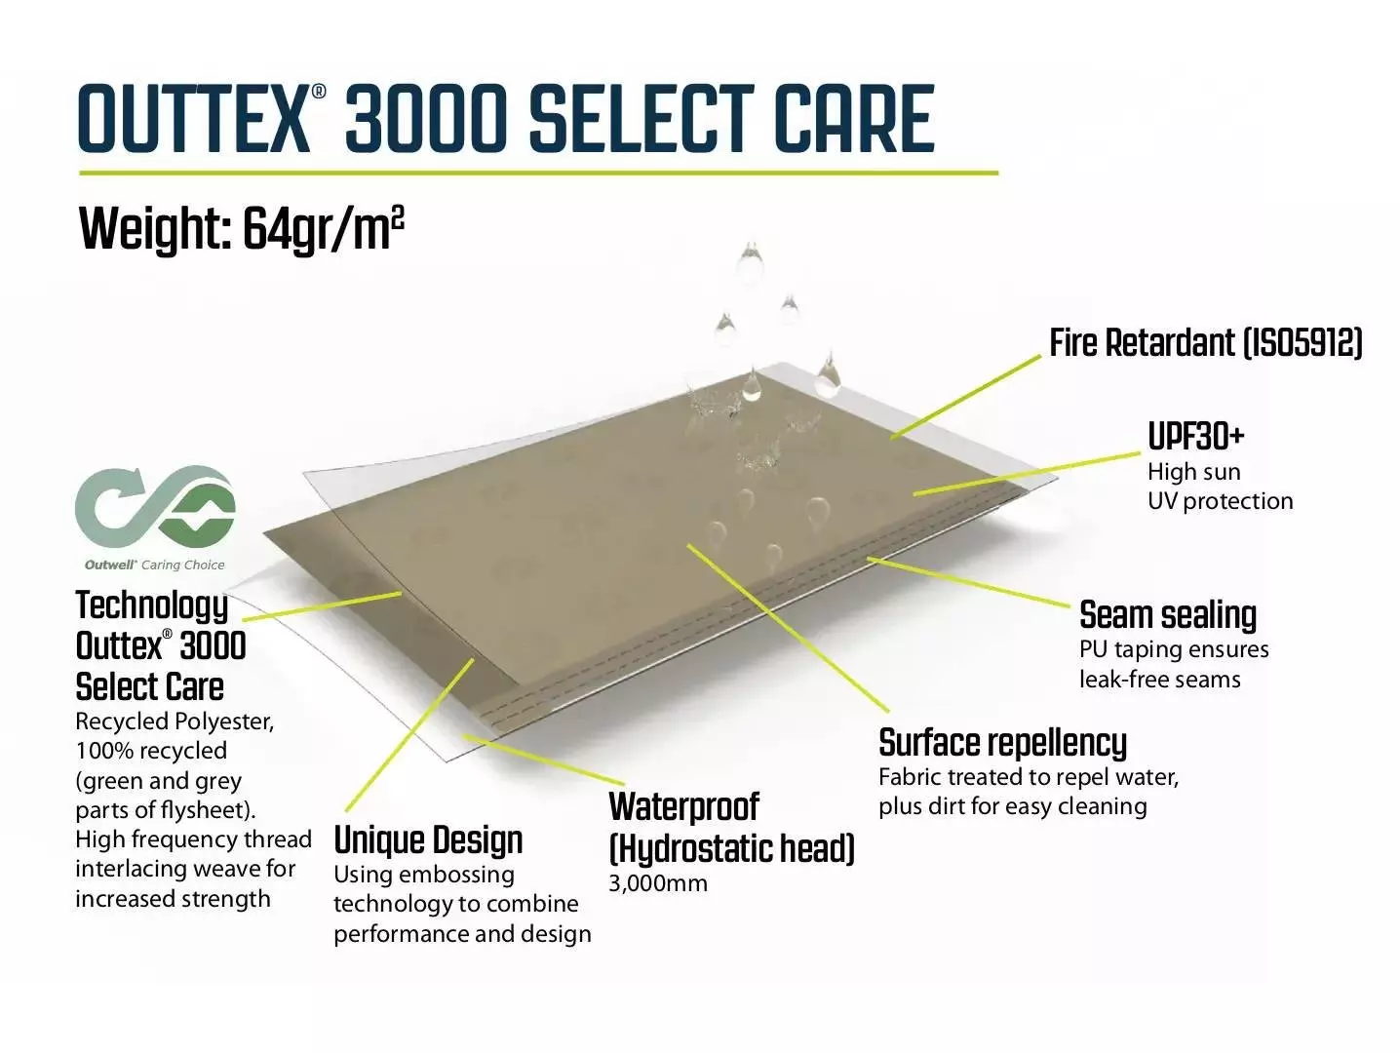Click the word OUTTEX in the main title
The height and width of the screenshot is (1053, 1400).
point(194,120)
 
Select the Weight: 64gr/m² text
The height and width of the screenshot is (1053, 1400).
point(241,229)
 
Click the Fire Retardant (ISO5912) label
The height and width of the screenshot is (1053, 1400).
point(1206,342)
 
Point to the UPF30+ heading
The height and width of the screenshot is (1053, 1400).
point(1196,437)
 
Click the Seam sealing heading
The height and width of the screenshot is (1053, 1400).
point(1168,615)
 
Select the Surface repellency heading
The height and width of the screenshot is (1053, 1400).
point(1002,743)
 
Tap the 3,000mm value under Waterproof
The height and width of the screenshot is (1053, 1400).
point(658,883)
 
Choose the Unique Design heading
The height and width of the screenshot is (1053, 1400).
point(428,839)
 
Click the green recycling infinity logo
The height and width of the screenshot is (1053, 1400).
point(155,507)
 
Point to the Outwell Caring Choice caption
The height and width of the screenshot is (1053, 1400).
point(154,565)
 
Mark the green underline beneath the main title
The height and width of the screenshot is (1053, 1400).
point(539,173)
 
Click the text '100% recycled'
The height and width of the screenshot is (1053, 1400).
point(151,751)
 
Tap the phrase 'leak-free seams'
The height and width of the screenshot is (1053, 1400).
point(1159,680)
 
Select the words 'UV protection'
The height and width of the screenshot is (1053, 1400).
point(1221,501)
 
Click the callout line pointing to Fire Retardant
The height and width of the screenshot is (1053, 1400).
point(965,398)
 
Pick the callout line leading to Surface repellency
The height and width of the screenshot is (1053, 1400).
point(788,628)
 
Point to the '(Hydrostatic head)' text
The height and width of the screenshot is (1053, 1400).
point(731,849)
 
